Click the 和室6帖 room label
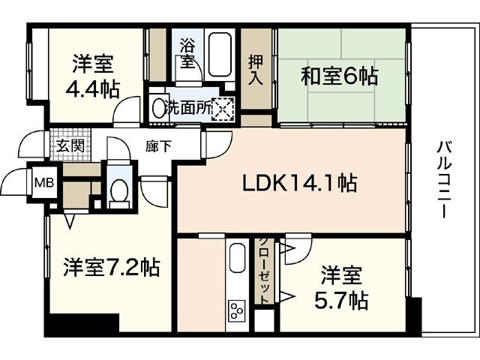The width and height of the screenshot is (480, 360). pyautogui.click(x=339, y=75)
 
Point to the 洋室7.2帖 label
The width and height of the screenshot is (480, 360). pyautogui.click(x=110, y=268)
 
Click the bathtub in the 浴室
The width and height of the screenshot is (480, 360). pyautogui.click(x=220, y=54)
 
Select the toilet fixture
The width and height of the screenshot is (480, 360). pyautogui.click(x=118, y=191)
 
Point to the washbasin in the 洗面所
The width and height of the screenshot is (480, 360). pyautogui.click(x=157, y=108)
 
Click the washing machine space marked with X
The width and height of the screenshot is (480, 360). pyautogui.click(x=224, y=109)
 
